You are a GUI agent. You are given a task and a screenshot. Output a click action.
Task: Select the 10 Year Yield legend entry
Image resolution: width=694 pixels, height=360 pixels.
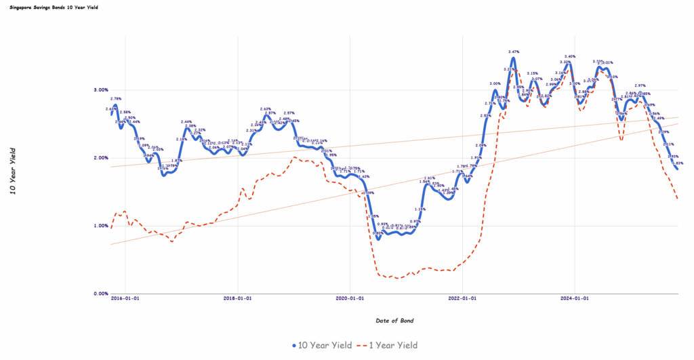click(x=322, y=345)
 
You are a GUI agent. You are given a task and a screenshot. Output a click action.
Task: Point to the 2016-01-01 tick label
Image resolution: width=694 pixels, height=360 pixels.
click(x=126, y=298)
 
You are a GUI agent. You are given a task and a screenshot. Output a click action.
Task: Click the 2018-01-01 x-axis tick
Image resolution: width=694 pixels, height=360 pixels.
click(x=238, y=298)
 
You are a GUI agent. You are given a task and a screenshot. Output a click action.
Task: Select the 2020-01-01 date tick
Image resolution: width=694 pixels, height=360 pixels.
click(x=350, y=298)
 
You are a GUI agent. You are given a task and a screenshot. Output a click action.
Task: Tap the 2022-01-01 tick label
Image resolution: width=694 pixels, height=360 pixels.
click(x=462, y=298)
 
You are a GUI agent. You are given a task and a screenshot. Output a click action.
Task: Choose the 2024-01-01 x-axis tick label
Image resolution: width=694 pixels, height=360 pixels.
click(x=573, y=298)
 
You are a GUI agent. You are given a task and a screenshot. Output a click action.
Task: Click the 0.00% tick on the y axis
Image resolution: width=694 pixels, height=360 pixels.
click(x=100, y=294)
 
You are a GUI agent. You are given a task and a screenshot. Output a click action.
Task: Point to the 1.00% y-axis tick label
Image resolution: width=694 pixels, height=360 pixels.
click(x=100, y=226)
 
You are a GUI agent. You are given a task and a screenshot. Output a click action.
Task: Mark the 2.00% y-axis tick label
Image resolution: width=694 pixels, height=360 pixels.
click(x=100, y=158)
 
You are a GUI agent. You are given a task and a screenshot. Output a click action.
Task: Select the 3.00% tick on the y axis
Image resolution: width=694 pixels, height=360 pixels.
click(x=100, y=90)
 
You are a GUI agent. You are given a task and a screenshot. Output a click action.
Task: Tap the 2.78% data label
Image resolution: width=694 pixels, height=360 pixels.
click(x=116, y=99)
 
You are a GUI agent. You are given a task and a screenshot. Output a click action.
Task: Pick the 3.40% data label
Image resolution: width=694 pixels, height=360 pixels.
click(x=570, y=56)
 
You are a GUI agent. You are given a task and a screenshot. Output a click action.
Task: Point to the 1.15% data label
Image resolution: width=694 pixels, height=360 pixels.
click(x=420, y=209)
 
